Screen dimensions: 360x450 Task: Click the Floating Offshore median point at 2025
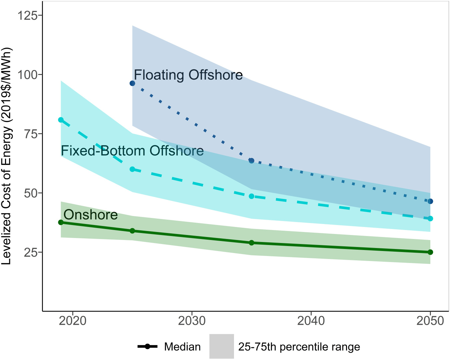(x=132, y=83)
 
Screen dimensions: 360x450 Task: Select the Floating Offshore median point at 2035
(x=252, y=161)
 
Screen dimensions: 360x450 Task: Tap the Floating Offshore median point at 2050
(x=430, y=201)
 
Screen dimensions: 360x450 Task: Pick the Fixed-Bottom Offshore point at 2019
(x=61, y=120)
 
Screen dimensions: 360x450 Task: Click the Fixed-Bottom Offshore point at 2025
(x=132, y=169)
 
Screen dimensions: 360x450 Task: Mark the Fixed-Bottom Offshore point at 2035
(x=252, y=196)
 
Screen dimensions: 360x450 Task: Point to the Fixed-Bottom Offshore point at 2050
(x=430, y=219)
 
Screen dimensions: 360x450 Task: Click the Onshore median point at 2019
(x=61, y=222)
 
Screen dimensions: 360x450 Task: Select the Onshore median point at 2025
(x=132, y=231)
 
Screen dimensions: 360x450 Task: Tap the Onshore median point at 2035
(x=252, y=243)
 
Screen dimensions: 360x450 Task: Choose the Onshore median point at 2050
(x=430, y=252)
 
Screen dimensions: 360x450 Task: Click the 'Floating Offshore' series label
(x=188, y=75)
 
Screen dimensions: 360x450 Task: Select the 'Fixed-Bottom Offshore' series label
(x=132, y=151)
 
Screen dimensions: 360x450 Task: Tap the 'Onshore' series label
(x=91, y=215)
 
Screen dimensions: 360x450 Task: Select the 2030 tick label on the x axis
(x=192, y=321)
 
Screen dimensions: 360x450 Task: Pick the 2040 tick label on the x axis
(x=311, y=321)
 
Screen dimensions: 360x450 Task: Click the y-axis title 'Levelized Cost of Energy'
(x=7, y=157)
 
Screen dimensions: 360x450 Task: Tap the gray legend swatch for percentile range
(x=222, y=346)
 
